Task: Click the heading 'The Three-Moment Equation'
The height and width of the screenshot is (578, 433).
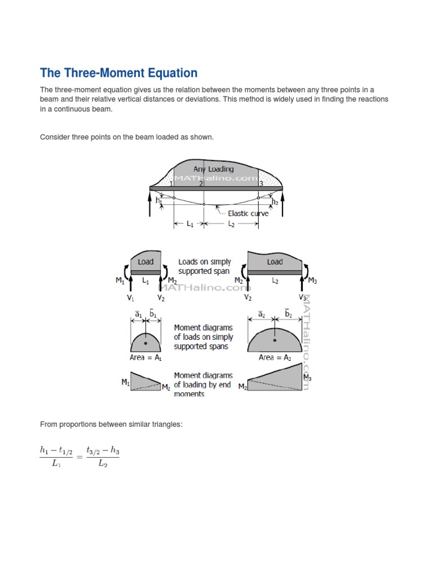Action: [118, 73]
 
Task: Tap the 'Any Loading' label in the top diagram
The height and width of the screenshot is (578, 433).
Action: [213, 168]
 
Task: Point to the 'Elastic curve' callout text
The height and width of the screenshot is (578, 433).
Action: [248, 213]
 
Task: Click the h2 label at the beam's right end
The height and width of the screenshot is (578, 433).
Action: [275, 202]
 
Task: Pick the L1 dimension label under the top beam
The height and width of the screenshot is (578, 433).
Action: [189, 224]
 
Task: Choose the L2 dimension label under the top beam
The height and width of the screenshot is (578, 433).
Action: [232, 224]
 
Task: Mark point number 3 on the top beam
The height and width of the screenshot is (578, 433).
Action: [260, 183]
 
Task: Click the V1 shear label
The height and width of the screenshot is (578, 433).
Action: [130, 297]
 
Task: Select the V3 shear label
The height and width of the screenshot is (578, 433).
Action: [303, 297]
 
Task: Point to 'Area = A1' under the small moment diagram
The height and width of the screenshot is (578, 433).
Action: [145, 357]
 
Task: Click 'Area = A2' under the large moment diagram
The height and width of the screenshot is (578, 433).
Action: [274, 357]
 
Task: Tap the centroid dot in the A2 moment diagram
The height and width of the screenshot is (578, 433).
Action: [275, 340]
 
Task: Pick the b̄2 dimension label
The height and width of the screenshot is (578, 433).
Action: [288, 314]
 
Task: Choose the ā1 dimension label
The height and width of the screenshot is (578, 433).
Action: [138, 314]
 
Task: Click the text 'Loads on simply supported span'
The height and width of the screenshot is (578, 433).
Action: [204, 266]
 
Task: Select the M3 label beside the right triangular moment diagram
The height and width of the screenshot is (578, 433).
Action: [307, 377]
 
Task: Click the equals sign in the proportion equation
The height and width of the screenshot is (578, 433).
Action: [78, 457]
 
